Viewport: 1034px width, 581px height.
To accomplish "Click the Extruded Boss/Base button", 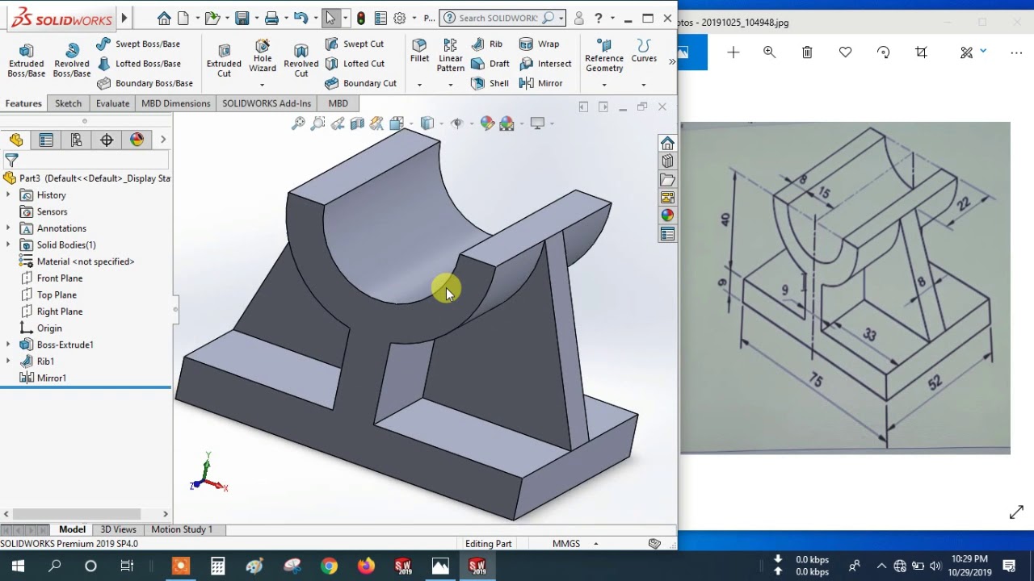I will tap(26, 60).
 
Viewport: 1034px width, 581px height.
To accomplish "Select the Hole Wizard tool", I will tap(263, 55).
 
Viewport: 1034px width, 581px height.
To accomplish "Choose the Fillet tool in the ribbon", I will tap(419, 50).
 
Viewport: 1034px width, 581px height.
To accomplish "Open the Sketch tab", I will tap(68, 103).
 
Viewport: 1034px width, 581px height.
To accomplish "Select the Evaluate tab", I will tap(112, 103).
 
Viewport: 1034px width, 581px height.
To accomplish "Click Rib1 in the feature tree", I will tap(45, 362).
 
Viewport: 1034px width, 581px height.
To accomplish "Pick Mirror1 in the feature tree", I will tap(51, 378).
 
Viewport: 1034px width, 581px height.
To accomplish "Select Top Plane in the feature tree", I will tap(57, 295).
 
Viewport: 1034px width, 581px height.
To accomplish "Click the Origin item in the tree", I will tap(49, 328).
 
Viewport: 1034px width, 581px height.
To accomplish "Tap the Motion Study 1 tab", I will tap(182, 529).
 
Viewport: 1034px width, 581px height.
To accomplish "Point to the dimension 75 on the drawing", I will tap(816, 379).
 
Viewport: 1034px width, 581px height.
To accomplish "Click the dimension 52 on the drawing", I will tap(935, 383).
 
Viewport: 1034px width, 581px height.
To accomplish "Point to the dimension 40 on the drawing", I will tap(725, 219).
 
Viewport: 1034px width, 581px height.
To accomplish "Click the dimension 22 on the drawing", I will tap(963, 204).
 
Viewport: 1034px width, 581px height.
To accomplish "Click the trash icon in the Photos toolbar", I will tap(807, 52).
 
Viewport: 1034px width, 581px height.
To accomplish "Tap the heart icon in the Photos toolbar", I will tap(845, 52).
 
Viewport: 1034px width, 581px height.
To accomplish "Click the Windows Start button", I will tap(18, 566).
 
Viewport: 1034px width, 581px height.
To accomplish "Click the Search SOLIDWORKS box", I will tap(498, 18).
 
